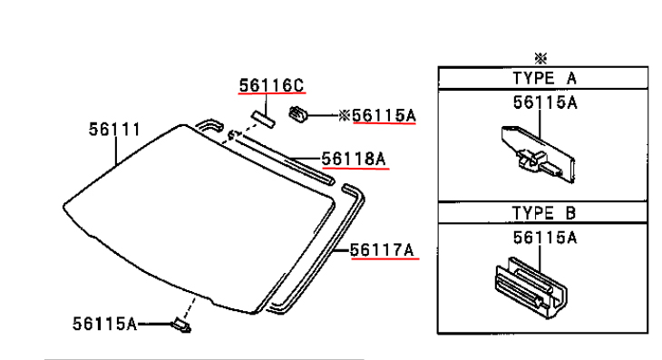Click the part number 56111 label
114,129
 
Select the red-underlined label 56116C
271,85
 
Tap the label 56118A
354,159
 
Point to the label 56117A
382,250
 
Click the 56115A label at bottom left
104,324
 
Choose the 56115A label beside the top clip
385,115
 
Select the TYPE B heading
544,213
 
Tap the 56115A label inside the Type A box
545,102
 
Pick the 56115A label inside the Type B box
545,238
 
